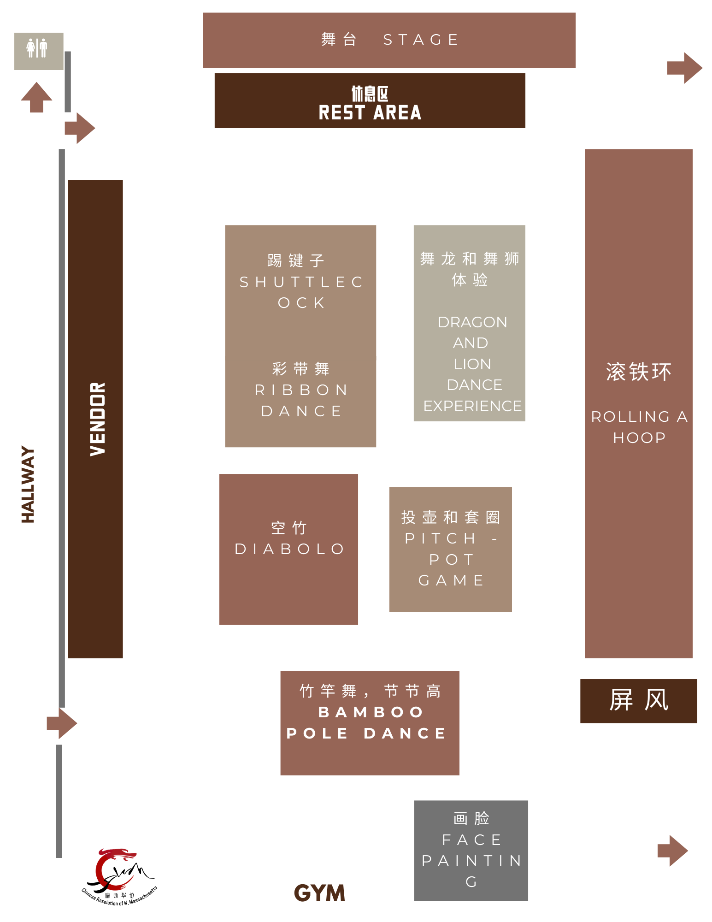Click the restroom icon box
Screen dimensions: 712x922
[x=39, y=51]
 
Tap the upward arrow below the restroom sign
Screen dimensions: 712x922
[x=36, y=97]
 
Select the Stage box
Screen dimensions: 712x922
[x=389, y=40]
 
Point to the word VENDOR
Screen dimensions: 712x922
[x=98, y=419]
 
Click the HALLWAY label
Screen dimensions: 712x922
[x=28, y=484]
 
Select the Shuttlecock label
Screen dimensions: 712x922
[x=300, y=282]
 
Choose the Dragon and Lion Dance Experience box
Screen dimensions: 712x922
[x=469, y=323]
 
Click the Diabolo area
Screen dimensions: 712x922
[x=288, y=549]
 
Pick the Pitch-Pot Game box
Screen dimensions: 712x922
[x=450, y=549]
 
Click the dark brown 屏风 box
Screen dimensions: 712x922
[x=638, y=701]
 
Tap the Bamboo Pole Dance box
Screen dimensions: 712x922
[x=370, y=723]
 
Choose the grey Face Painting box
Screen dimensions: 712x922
[x=471, y=851]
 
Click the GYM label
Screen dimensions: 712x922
[x=319, y=893]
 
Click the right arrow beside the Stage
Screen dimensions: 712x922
[x=685, y=68]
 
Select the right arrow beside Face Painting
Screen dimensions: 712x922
[x=673, y=851]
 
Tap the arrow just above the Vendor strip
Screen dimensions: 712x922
[x=80, y=128]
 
